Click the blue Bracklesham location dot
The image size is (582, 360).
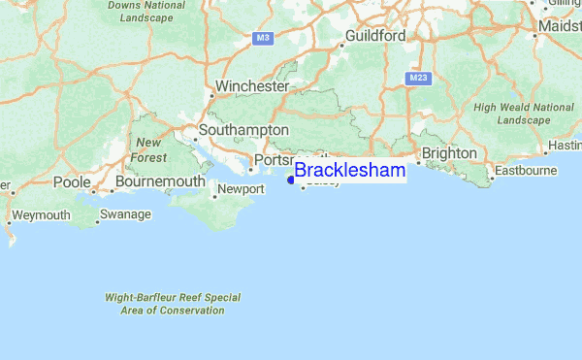pyautogui.click(x=290, y=179)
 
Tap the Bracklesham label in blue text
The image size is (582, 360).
pyautogui.click(x=349, y=171)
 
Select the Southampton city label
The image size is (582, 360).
pyautogui.click(x=243, y=129)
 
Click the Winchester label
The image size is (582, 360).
pyautogui.click(x=252, y=86)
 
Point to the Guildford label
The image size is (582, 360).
pyautogui.click(x=375, y=36)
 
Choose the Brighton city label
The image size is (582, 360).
pyautogui.click(x=448, y=153)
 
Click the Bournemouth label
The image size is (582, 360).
pyautogui.click(x=160, y=181)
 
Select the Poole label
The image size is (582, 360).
pyautogui.click(x=72, y=181)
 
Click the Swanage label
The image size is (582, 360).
pyautogui.click(x=126, y=213)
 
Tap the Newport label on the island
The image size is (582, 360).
pyautogui.click(x=241, y=188)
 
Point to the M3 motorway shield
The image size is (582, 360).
pyautogui.click(x=262, y=38)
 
